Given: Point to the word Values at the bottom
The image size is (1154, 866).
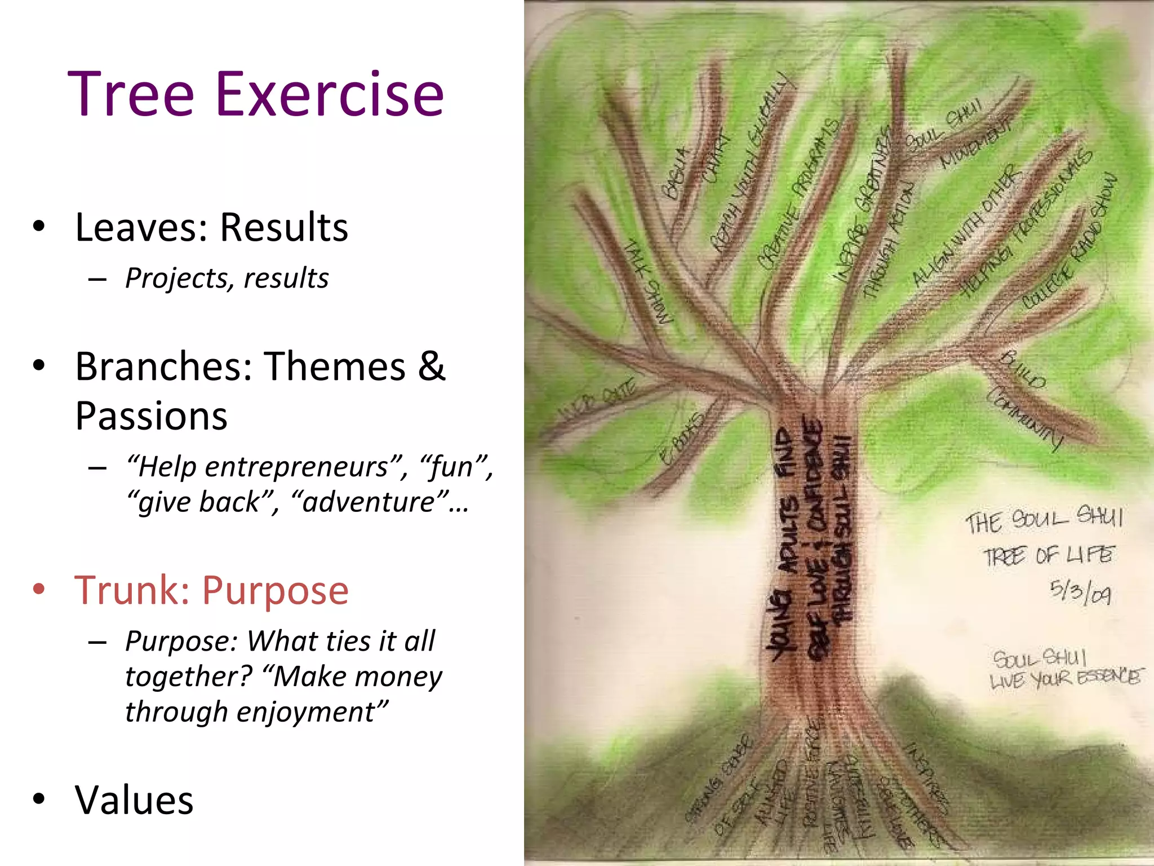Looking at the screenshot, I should (134, 800).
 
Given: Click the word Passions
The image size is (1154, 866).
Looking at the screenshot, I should (151, 416).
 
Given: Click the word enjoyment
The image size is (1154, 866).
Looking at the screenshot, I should (305, 712).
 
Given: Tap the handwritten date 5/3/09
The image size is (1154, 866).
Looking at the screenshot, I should (1080, 592).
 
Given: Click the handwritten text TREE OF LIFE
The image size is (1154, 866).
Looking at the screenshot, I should (1049, 555).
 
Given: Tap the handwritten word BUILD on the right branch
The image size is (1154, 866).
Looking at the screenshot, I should (1022, 370).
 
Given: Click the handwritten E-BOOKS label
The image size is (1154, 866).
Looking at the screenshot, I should (681, 438).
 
